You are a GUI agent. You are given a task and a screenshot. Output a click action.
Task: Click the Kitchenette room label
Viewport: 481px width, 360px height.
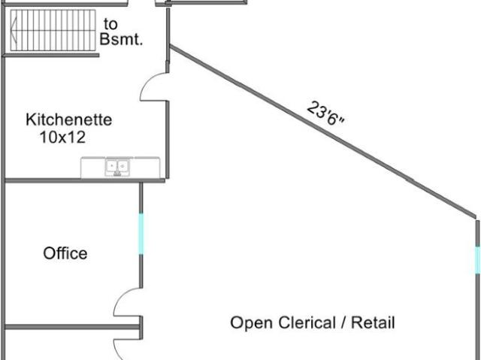click(x=68, y=119)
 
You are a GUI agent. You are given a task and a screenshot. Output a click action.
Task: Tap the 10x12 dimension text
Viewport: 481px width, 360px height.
click(x=62, y=137)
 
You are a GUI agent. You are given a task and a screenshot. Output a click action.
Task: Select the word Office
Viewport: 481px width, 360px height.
click(x=65, y=253)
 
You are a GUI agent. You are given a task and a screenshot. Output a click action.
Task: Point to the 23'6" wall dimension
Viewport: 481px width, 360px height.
click(x=325, y=113)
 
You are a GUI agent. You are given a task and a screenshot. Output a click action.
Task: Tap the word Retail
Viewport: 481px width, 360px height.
click(x=373, y=322)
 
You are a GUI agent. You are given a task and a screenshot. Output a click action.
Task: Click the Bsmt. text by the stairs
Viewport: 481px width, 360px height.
click(x=122, y=39)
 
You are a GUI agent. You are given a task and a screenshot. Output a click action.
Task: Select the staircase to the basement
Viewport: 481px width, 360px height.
click(x=53, y=30)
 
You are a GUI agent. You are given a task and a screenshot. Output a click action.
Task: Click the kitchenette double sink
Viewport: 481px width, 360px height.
click(x=117, y=167)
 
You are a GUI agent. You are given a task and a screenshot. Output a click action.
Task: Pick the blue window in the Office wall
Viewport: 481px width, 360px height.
click(x=141, y=234)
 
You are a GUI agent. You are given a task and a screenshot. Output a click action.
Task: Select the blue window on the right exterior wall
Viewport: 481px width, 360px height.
click(x=478, y=260)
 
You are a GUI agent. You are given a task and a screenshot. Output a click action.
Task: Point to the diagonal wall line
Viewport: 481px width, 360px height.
click(x=322, y=132)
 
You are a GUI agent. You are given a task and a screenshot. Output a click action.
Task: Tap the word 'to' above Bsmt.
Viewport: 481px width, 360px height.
click(x=110, y=24)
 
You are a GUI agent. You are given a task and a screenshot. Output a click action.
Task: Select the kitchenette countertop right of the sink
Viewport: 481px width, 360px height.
click(x=145, y=168)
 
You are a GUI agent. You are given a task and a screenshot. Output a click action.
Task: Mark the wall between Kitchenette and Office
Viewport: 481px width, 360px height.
click(x=85, y=180)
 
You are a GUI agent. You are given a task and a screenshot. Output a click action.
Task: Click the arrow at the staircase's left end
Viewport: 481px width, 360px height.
click(x=14, y=31)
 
